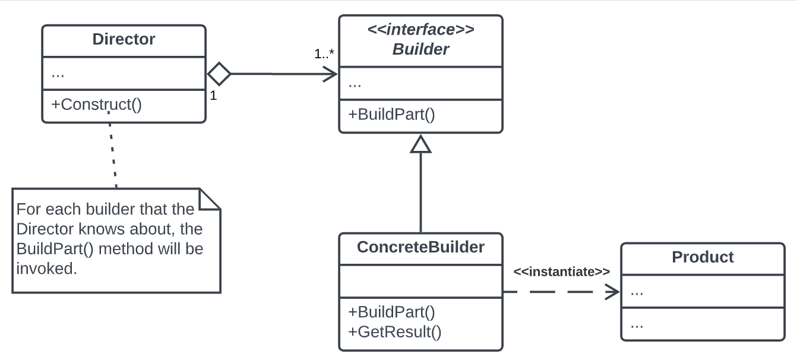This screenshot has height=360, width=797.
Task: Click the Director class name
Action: [x=124, y=39]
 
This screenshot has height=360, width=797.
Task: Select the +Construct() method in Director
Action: [x=96, y=105]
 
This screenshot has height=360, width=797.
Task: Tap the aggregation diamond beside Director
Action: [x=219, y=74]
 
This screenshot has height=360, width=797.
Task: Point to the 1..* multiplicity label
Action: [x=324, y=53]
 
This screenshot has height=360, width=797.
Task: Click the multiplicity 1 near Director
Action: [x=213, y=95]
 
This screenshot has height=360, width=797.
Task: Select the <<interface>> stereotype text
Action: [x=420, y=30]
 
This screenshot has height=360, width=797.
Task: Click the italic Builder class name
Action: [x=420, y=49]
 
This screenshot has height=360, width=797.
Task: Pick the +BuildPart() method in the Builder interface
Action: [x=391, y=115]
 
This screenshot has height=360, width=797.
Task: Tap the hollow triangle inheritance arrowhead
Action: [x=421, y=144]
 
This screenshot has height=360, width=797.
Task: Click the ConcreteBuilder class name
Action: [x=420, y=247]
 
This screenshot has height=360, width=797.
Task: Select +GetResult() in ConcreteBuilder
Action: [x=394, y=332]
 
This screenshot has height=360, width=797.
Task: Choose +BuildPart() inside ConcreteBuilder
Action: [x=391, y=312]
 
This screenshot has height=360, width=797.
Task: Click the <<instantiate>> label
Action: [x=561, y=271]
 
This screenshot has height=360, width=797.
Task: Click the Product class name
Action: [x=703, y=257]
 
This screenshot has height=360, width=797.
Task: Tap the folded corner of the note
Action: [x=210, y=199]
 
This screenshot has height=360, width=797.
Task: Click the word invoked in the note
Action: [x=46, y=269]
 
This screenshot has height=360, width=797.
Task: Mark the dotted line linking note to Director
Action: [x=113, y=150]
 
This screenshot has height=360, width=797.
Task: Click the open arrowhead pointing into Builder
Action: [x=330, y=74]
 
